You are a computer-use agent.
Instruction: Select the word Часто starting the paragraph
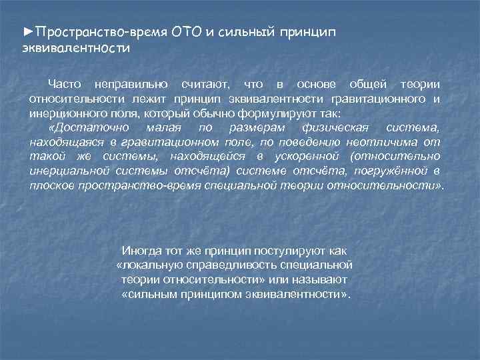coord(65,85)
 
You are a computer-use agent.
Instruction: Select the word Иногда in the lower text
coord(140,251)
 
